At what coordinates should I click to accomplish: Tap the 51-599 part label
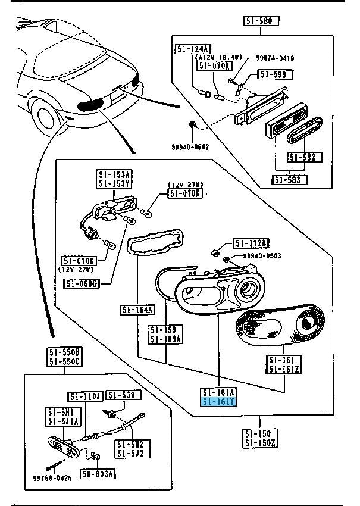tap(271, 74)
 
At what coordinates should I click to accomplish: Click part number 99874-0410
tap(276, 58)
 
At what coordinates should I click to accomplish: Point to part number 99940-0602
tap(190, 146)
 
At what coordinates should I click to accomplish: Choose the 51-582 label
tap(305, 157)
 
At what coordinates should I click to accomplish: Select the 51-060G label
tap(82, 283)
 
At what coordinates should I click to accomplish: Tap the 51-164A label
tap(137, 309)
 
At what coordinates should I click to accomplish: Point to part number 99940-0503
tap(262, 256)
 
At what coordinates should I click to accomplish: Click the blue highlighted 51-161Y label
tap(220, 402)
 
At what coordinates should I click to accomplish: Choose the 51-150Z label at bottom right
tap(259, 443)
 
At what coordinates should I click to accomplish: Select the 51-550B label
tap(64, 352)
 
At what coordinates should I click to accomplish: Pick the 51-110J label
tap(86, 396)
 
